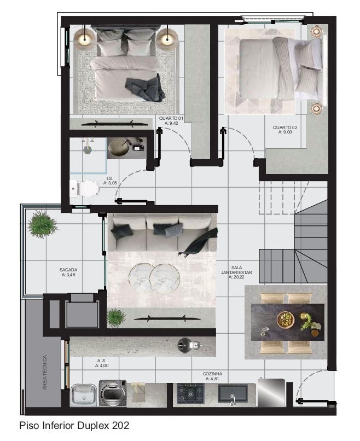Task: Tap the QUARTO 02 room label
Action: tap(286, 130)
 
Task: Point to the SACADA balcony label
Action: tap(69, 272)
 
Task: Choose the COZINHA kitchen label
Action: tap(212, 376)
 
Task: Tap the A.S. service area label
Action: tap(102, 363)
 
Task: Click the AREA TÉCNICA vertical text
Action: tap(45, 373)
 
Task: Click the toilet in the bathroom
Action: tap(85, 189)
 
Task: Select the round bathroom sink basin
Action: tap(119, 148)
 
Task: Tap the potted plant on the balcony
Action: tap(43, 225)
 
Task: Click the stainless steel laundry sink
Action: tap(84, 394)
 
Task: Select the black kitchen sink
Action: tap(233, 393)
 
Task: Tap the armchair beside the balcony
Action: tap(82, 311)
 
